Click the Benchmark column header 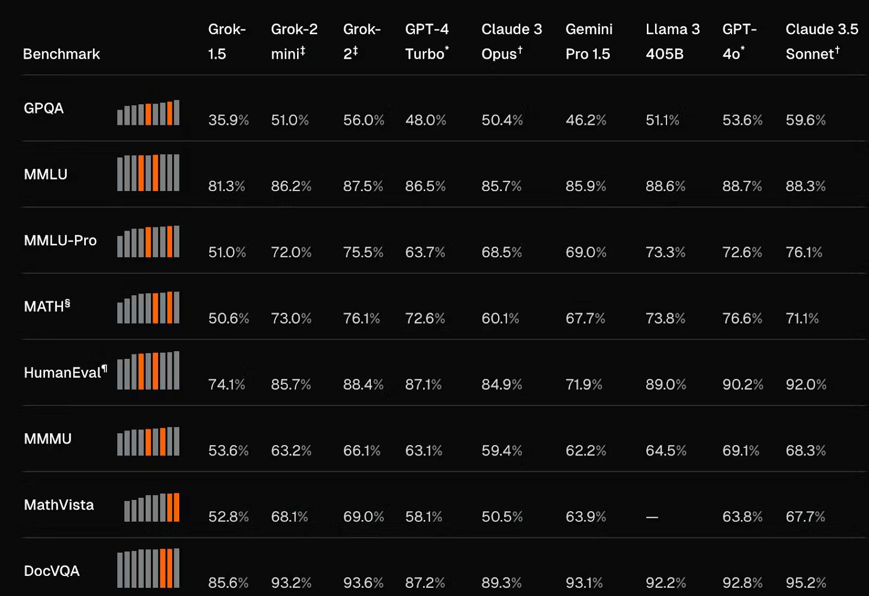click(61, 54)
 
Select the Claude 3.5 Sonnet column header click(821, 41)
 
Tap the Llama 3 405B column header click(672, 41)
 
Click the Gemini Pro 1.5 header click(588, 41)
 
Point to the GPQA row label click(43, 108)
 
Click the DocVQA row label click(52, 571)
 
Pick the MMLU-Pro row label click(60, 240)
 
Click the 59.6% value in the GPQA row click(805, 120)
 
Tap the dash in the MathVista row click(652, 517)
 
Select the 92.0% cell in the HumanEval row click(805, 385)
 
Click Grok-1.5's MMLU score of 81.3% click(226, 186)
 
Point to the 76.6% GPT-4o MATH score click(742, 319)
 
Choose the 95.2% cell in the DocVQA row click(805, 583)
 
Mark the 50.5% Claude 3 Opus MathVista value click(502, 517)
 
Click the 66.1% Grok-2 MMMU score click(362, 451)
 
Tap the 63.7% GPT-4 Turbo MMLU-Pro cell click(425, 252)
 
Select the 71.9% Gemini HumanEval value click(584, 385)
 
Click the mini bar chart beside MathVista click(152, 508)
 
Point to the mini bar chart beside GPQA click(148, 113)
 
